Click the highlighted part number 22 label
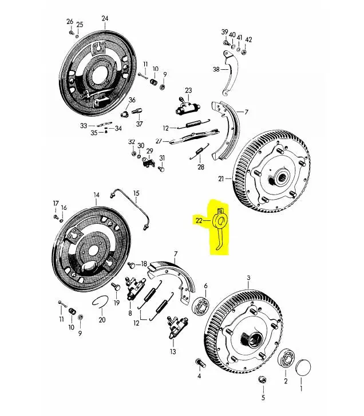199,220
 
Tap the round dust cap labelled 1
303,367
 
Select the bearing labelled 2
286,358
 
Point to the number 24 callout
105,18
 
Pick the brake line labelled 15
130,208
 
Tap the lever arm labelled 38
230,73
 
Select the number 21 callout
221,179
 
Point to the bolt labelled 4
200,363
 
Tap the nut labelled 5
262,379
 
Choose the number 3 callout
248,278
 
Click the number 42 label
248,40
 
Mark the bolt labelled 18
131,265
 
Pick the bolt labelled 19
116,287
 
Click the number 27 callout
159,141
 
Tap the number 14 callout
96,195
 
